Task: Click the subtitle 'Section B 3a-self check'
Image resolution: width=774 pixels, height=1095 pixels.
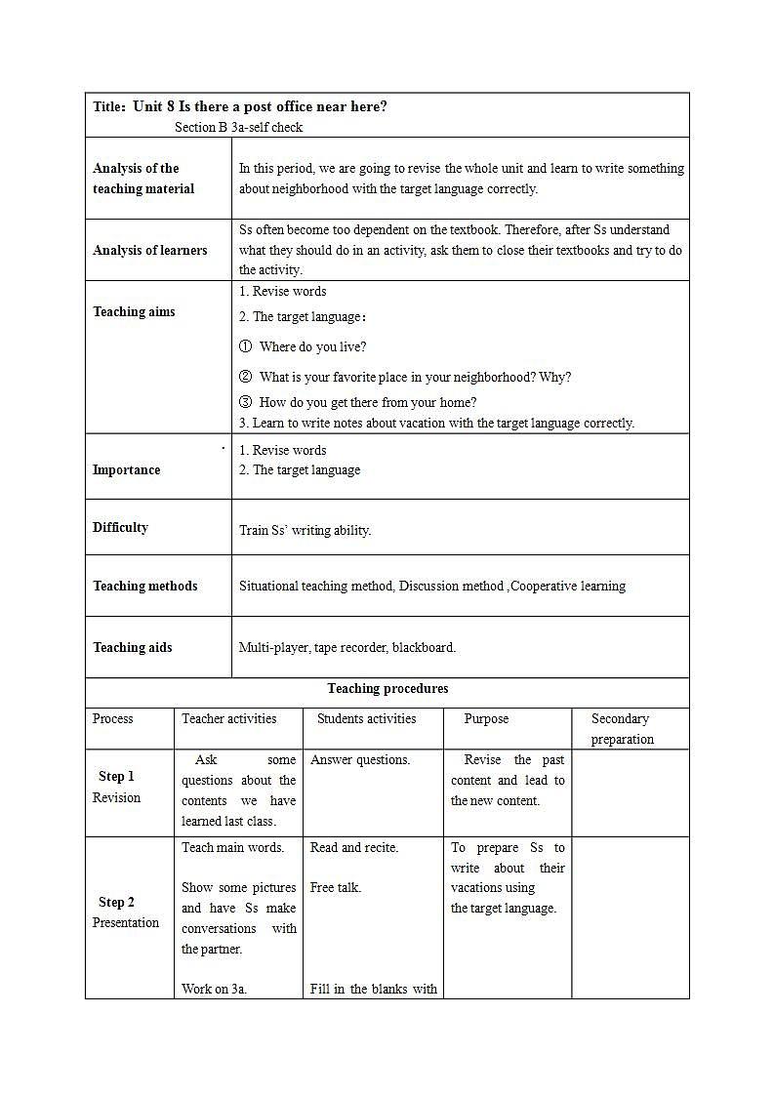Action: [x=238, y=127]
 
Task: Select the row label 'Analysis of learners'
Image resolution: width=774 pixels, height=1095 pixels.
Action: [x=149, y=250]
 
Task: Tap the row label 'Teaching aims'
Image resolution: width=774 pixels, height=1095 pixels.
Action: [x=134, y=312]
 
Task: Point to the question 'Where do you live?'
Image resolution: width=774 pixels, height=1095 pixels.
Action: [x=312, y=346]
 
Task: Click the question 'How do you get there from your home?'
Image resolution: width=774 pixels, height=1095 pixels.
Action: [x=367, y=402]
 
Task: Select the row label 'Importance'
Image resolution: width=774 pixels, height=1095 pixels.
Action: [x=126, y=469]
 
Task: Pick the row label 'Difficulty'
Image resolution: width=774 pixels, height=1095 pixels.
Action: [x=120, y=527]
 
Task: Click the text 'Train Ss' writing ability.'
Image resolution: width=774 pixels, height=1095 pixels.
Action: [x=305, y=531]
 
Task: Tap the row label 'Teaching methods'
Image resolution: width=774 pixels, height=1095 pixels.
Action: [x=144, y=586]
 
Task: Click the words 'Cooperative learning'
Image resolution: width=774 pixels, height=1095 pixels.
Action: [x=568, y=586]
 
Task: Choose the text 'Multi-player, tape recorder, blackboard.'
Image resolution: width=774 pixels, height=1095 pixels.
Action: [x=346, y=647]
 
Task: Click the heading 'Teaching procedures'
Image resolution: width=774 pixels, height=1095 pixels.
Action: [x=387, y=688]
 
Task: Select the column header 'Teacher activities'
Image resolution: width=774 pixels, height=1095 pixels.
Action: [x=228, y=718]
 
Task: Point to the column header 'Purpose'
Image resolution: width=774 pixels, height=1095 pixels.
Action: [x=486, y=718]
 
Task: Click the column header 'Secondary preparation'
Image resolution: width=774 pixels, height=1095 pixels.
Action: [x=622, y=729]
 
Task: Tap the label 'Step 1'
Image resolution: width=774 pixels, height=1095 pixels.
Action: [x=116, y=776]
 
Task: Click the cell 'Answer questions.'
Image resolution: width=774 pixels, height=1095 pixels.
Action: [x=360, y=759]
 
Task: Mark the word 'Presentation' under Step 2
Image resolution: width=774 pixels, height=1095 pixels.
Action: [x=125, y=922]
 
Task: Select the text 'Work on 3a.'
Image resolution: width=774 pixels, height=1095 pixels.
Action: [x=214, y=989]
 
